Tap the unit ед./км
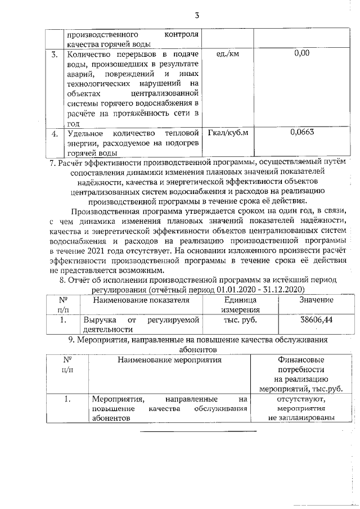228,54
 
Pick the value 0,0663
302,133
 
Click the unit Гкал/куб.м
228,133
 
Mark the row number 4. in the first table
55,134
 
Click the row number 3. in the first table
55,55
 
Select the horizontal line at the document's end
198,431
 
